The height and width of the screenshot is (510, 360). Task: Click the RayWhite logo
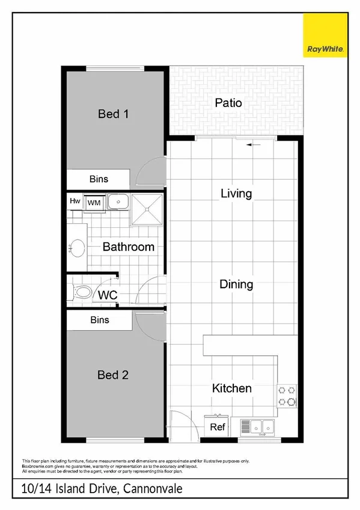click(325, 37)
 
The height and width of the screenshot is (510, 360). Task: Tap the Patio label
click(228, 103)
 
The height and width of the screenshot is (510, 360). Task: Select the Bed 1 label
click(114, 113)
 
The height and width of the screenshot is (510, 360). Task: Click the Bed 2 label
click(113, 375)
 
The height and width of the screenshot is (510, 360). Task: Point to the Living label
click(236, 194)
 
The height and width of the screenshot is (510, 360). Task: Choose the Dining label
click(236, 284)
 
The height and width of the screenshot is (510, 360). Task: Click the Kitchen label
click(231, 389)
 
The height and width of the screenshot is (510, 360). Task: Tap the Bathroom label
click(128, 247)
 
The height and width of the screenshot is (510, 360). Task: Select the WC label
click(107, 295)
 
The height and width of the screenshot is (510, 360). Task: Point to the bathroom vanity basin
click(77, 247)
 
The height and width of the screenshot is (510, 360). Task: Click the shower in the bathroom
click(147, 208)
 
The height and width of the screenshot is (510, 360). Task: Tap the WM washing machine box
click(94, 203)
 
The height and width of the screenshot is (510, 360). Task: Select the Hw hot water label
click(75, 201)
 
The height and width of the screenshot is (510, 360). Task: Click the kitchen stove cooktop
click(287, 395)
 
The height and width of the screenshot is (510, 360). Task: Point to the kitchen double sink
click(257, 427)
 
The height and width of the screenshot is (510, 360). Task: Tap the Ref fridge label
click(218, 427)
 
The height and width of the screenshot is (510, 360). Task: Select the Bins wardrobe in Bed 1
click(99, 179)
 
